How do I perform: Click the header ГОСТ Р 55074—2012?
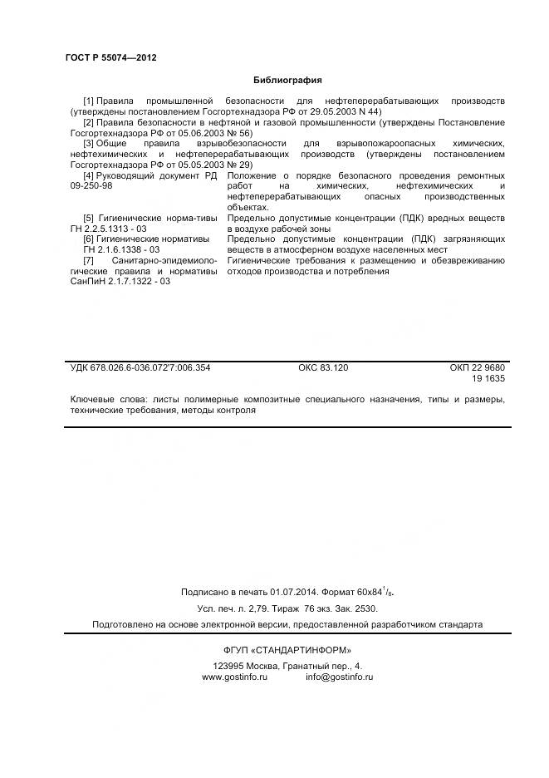[x=111, y=57]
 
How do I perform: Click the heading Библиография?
[x=287, y=80]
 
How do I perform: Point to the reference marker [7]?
[x=89, y=261]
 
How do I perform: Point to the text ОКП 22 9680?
[x=477, y=367]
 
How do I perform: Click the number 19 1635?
[x=488, y=378]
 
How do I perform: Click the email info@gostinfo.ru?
[x=339, y=677]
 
